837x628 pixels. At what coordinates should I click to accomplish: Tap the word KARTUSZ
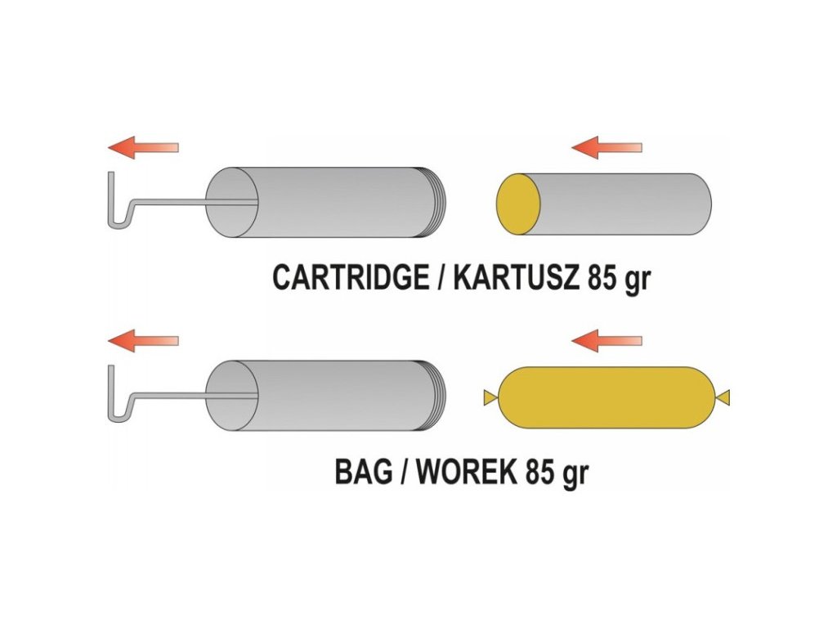(x=512, y=279)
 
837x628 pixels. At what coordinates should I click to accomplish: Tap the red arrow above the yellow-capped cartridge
(x=606, y=147)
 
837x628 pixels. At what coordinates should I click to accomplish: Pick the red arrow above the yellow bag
(x=606, y=339)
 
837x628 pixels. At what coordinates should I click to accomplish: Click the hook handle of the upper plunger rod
(x=117, y=204)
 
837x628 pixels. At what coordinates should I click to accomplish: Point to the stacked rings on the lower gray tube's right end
(x=439, y=396)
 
